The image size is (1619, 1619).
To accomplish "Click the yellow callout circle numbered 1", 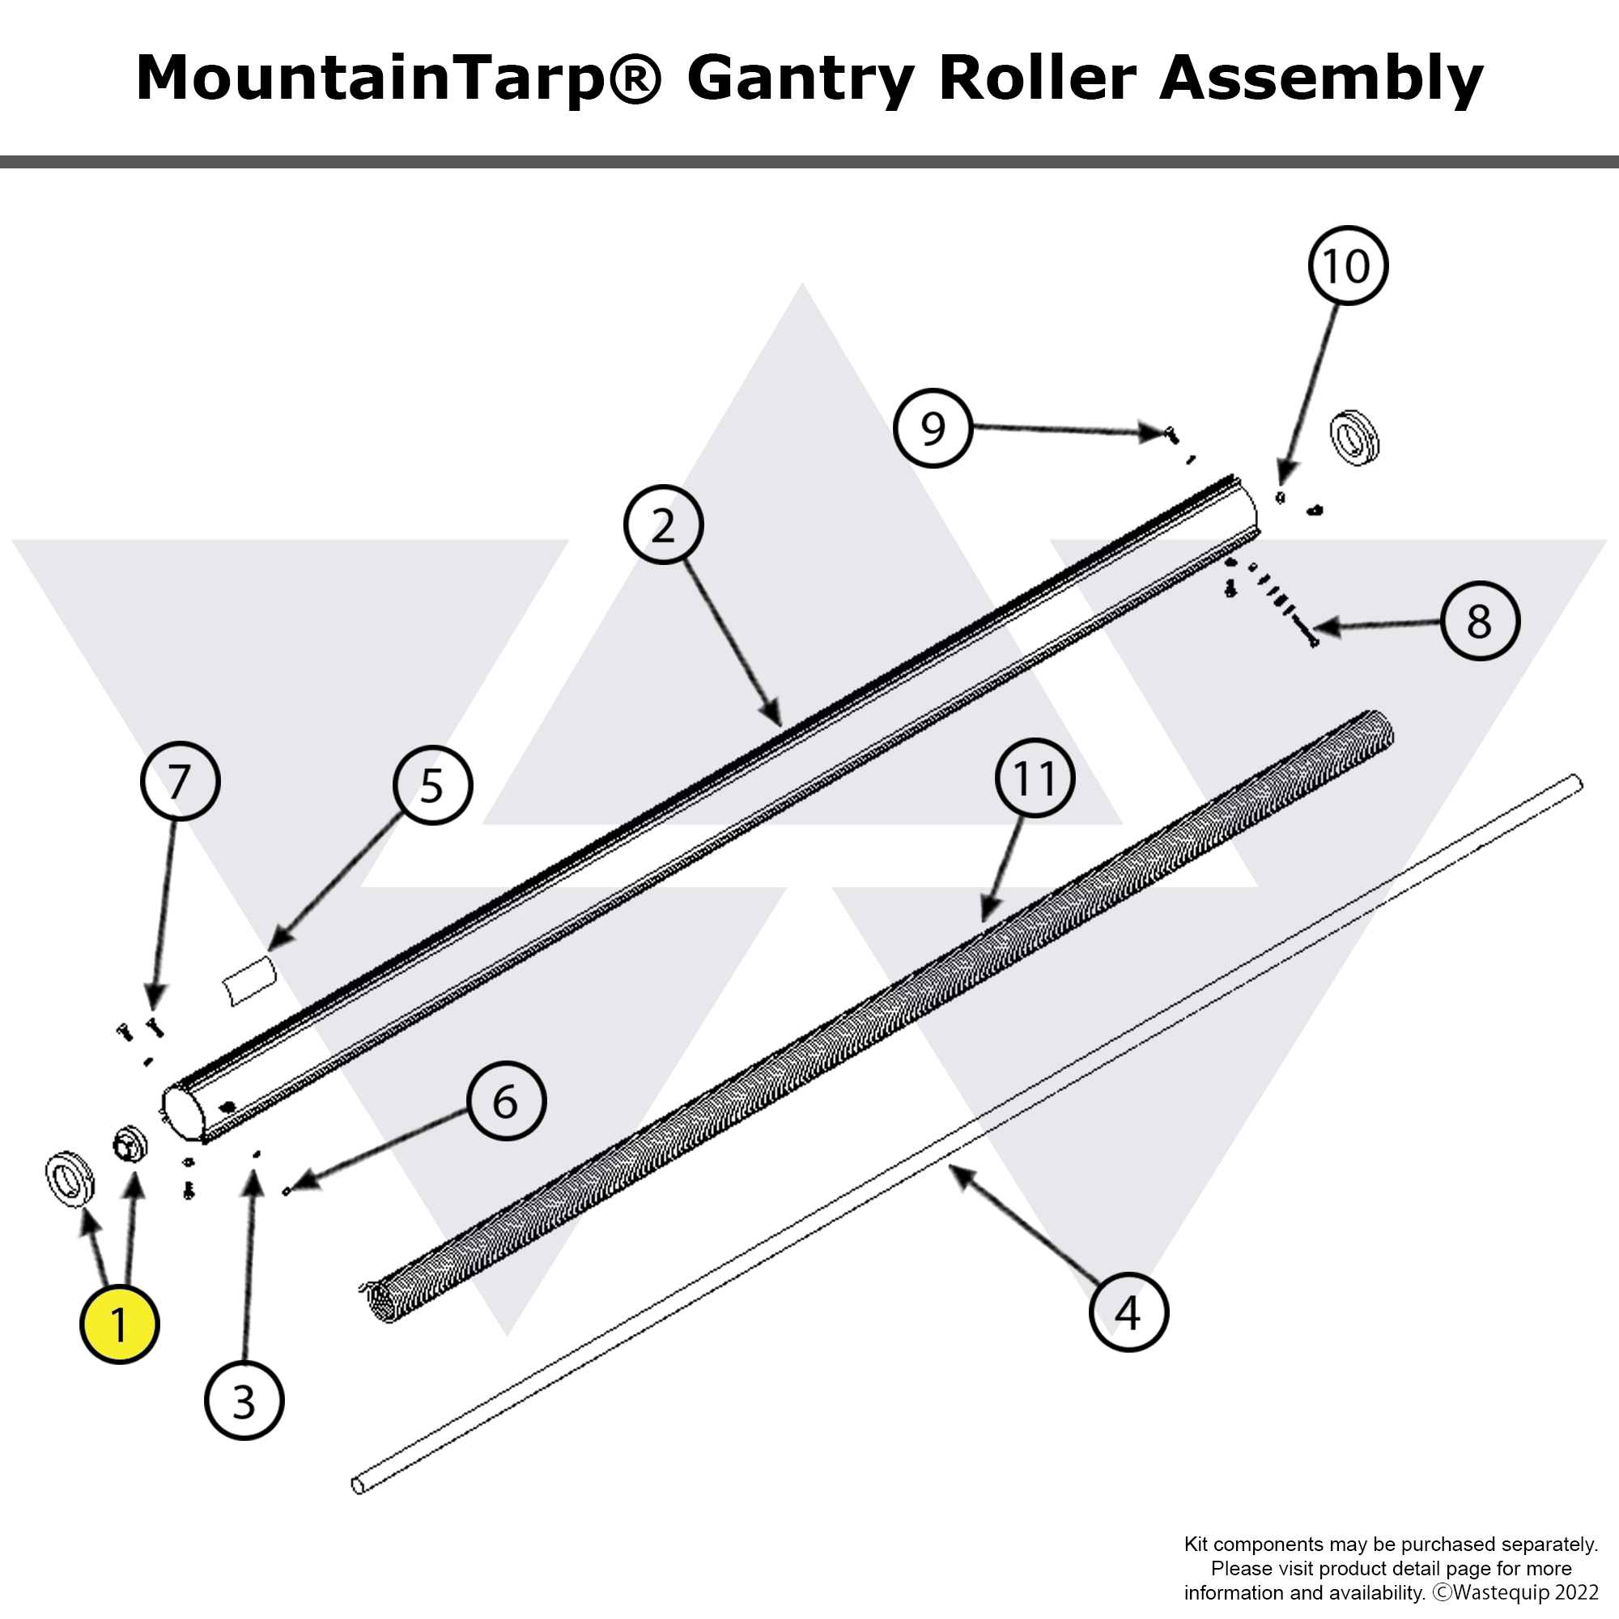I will click(x=119, y=1325).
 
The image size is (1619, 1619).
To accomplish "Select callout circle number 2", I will click(x=663, y=525).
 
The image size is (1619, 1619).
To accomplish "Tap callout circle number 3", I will click(x=244, y=1400).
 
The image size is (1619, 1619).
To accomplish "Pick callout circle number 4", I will click(x=1128, y=1311).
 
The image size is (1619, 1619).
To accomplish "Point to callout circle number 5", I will click(x=432, y=785).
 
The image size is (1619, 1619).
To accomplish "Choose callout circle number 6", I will click(x=506, y=1101).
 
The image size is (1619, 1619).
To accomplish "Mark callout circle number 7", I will click(x=180, y=781).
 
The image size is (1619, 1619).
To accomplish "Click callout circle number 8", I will click(x=1480, y=621).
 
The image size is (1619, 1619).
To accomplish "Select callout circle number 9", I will click(x=933, y=428).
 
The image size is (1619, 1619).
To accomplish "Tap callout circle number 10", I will click(x=1348, y=266).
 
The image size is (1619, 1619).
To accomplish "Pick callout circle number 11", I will click(x=1035, y=778).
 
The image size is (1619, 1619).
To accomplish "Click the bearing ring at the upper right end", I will click(x=1354, y=437).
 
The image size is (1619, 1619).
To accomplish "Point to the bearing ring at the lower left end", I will click(x=70, y=1179).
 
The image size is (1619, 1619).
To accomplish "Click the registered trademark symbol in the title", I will click(x=633, y=78).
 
